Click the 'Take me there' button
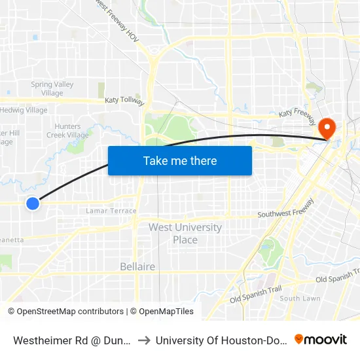180,160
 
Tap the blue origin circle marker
33,204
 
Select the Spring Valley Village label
52,88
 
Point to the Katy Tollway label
124,101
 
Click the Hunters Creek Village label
67,131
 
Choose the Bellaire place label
137,266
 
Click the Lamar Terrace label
111,211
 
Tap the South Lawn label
300,298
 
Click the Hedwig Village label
25,110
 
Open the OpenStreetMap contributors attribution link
65,312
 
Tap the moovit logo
321,339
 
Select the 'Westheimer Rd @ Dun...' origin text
72,340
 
